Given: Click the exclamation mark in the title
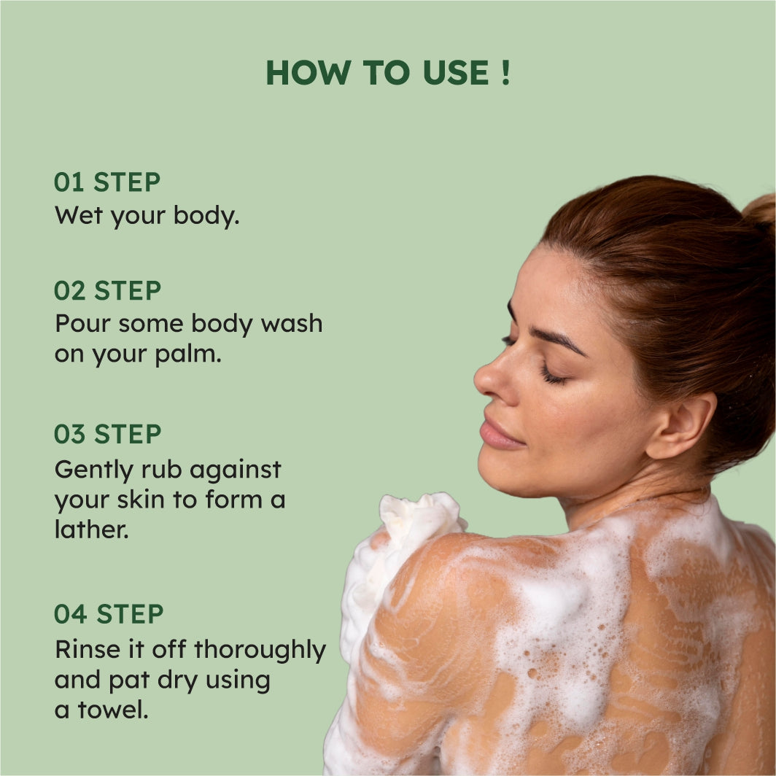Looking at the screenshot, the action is pos(505,73).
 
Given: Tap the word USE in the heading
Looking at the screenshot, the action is pos(456,73).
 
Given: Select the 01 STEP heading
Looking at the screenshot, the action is pos(107,182).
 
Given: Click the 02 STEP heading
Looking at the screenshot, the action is pos(107,290).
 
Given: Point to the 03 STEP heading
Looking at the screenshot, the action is pos(107,434).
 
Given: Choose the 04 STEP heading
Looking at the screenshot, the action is pos(109,613).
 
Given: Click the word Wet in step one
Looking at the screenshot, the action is pos(78,215).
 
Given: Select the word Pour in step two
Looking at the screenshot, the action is pos(82,324).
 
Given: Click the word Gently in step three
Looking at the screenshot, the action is pos(94,470).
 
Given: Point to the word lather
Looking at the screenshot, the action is pos(92,529).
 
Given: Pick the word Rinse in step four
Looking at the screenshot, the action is pos(88,649).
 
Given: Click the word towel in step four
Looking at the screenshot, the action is pos(113,710).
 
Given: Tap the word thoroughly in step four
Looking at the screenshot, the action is pos(260,651).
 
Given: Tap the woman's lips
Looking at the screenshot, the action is pos(500,435).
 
